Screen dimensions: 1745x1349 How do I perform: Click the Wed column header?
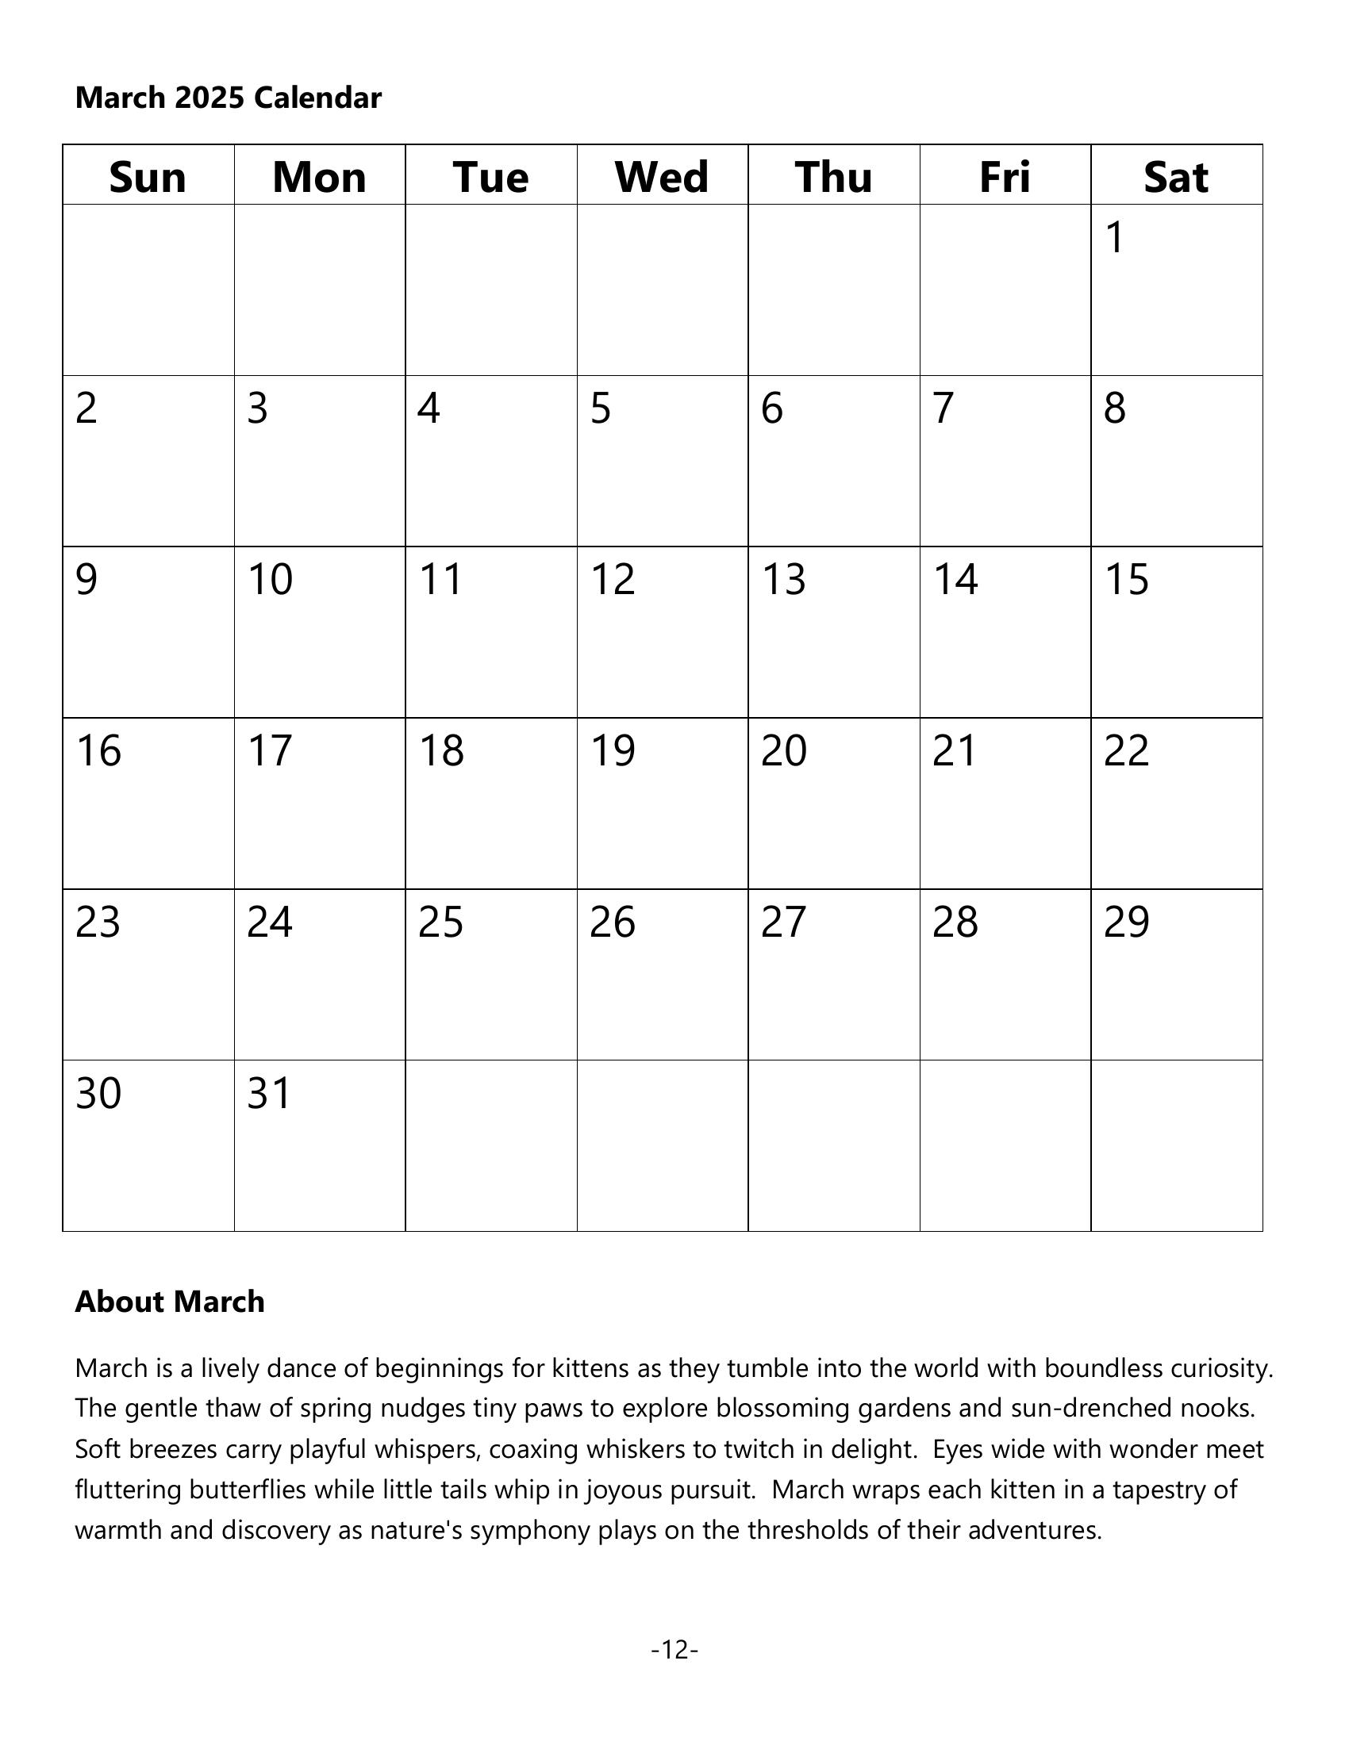point(662,177)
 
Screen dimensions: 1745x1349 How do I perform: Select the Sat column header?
point(1175,177)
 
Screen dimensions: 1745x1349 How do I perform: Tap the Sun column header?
point(148,177)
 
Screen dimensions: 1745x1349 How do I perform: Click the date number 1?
point(1115,237)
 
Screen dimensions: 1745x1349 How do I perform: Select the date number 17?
point(269,750)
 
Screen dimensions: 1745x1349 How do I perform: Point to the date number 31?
point(268,1093)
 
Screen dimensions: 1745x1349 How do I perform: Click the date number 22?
point(1126,750)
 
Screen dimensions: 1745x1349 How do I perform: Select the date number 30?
point(98,1093)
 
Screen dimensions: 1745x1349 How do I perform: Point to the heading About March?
point(170,1302)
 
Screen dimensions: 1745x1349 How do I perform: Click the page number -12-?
point(674,1649)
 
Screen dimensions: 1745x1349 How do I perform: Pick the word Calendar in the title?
point(317,98)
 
